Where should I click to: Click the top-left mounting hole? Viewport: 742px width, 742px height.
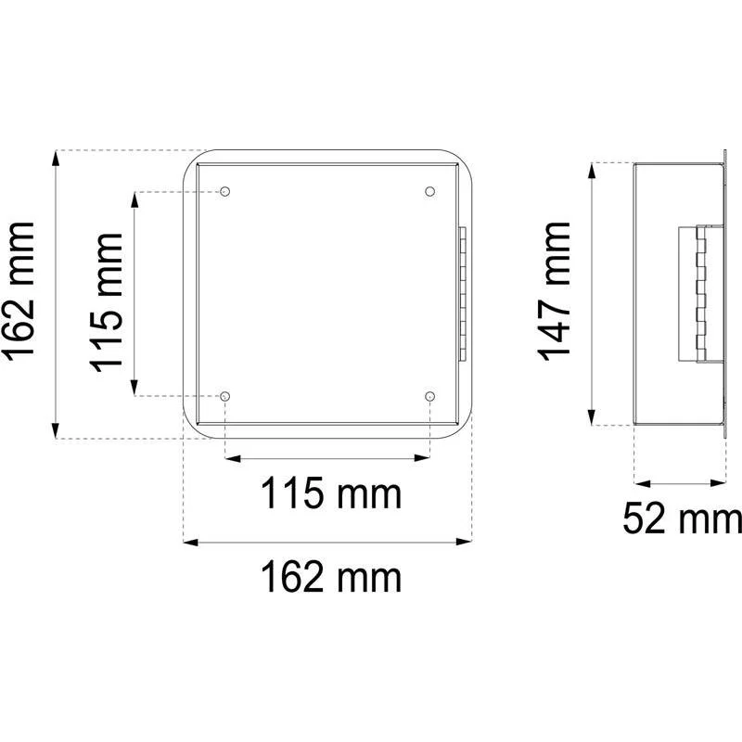coord(225,191)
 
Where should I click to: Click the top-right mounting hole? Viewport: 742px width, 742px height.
coord(429,191)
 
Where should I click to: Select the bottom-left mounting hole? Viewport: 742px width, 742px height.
coord(225,396)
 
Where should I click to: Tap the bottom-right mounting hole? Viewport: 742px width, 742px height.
coord(429,396)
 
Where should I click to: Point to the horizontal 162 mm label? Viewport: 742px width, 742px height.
coord(331,576)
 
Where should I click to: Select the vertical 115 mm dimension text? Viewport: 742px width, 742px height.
coord(107,302)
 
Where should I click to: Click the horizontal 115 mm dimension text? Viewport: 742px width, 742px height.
coord(331,493)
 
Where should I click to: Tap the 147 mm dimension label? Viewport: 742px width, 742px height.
coord(554,291)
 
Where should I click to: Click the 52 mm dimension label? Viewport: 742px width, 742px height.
coord(683,518)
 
